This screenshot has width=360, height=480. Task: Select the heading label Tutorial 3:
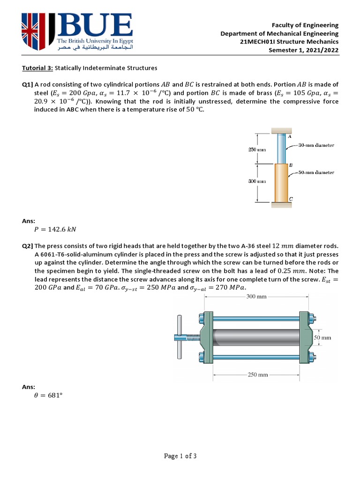point(37,68)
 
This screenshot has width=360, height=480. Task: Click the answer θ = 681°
point(49,396)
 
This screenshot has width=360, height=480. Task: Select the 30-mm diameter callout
point(316,145)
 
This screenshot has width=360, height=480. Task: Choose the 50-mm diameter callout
point(316,172)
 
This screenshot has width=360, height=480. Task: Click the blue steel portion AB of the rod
point(281,149)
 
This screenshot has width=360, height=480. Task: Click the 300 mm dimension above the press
point(256,297)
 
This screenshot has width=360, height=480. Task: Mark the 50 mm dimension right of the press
point(322,337)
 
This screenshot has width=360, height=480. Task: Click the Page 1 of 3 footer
point(180,457)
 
